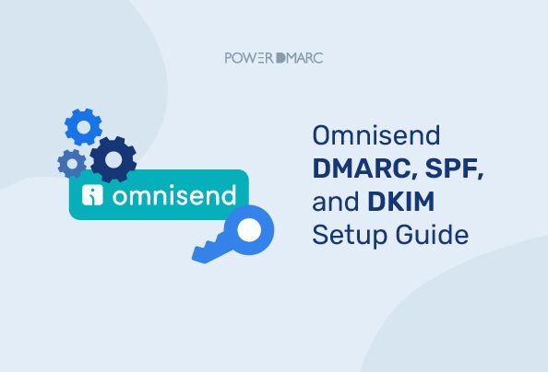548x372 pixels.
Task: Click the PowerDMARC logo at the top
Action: point(274,57)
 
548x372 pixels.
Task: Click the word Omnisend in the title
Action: point(376,137)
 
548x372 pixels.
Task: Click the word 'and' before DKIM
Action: point(334,202)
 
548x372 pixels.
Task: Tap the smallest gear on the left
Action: point(71,163)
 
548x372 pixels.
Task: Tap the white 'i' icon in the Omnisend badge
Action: point(92,195)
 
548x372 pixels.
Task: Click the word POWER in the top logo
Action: point(247,57)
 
